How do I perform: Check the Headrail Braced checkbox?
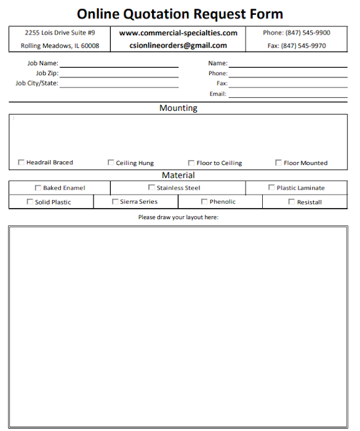(x=22, y=163)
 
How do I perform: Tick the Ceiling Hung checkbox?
(x=111, y=163)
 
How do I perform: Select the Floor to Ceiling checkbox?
(x=191, y=163)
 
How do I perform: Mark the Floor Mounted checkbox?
(x=279, y=163)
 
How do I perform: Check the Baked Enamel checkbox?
(x=38, y=188)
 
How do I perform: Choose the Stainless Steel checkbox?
(x=151, y=188)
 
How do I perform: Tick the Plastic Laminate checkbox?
(x=271, y=188)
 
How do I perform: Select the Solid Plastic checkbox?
(x=30, y=202)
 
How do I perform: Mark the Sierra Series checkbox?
(x=115, y=201)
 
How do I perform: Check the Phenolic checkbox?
(x=204, y=202)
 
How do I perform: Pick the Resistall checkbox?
(x=292, y=202)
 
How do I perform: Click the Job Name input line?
(x=119, y=63)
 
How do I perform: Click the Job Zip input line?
(x=119, y=74)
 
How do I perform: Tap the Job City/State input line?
(x=119, y=84)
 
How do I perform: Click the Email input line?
(x=288, y=95)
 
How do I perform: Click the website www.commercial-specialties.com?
(x=178, y=33)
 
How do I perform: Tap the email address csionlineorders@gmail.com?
(x=178, y=46)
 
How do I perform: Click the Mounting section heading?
(x=178, y=108)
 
